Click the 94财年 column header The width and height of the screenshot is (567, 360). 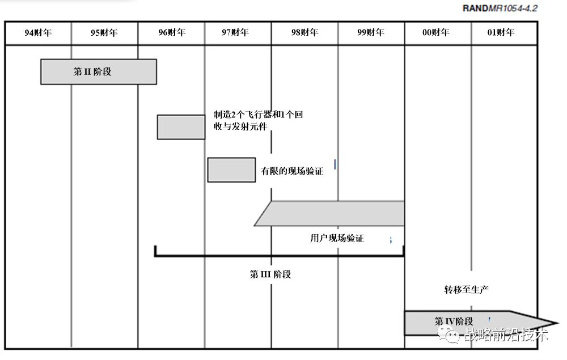click(38, 33)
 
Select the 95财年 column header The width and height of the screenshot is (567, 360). click(104, 33)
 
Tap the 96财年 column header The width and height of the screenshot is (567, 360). click(172, 33)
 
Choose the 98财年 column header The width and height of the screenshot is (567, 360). click(304, 33)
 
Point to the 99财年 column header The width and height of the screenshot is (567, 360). click(371, 33)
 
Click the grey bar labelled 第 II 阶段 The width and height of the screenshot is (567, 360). click(98, 71)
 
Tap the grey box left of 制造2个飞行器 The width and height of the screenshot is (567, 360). click(181, 127)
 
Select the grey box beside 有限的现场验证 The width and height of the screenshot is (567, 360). click(231, 170)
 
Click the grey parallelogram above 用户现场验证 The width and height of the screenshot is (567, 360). click(332, 214)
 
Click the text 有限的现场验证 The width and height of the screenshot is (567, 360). click(291, 171)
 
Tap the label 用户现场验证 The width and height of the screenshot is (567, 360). click(337, 238)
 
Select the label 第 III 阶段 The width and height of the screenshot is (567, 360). click(270, 274)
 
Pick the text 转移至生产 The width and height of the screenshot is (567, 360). click(466, 290)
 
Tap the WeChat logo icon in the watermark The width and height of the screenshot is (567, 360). click(452, 336)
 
